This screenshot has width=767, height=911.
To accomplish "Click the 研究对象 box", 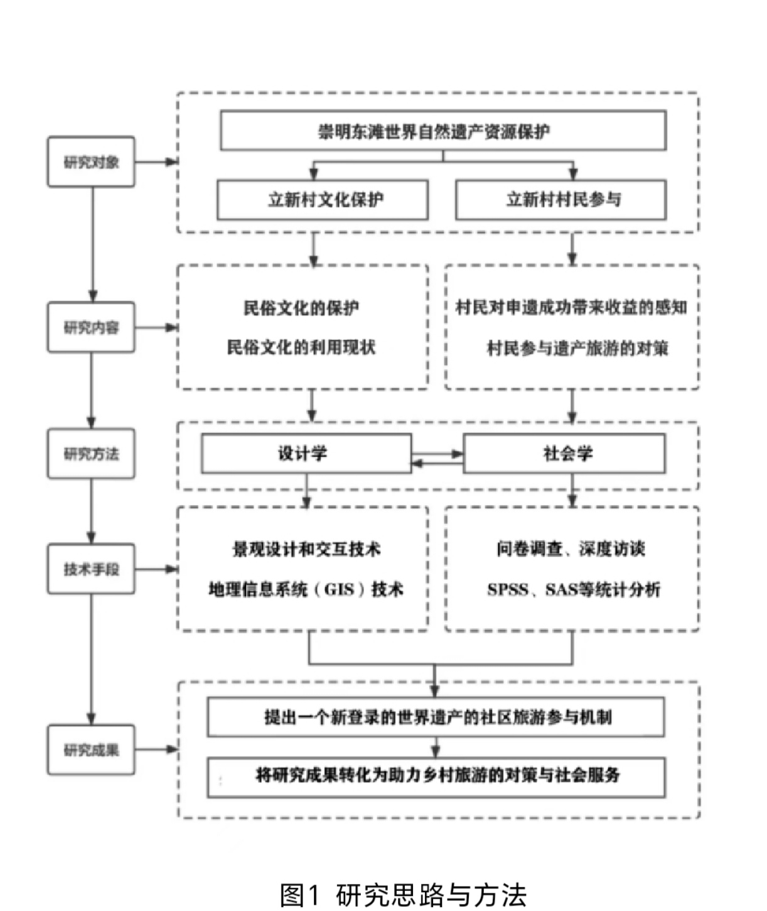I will [x=91, y=162].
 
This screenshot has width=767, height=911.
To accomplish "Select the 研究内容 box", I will [x=91, y=327].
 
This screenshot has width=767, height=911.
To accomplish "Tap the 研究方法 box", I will [x=91, y=454].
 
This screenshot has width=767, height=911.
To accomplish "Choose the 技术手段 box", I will [x=91, y=569].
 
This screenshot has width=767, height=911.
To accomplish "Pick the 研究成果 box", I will [x=91, y=750].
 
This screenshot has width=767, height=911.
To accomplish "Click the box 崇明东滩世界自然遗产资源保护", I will [x=442, y=131].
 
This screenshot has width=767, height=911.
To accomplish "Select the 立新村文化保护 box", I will [x=323, y=200].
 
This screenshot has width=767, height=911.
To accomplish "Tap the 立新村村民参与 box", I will [x=560, y=200].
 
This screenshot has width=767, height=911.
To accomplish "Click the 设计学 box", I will [x=306, y=454].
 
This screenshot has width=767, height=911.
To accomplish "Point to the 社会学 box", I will [x=564, y=454].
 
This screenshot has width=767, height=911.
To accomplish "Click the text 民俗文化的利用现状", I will [x=301, y=347].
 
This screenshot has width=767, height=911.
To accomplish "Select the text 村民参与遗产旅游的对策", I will [x=577, y=349].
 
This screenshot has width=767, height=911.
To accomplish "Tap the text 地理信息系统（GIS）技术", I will [x=306, y=589].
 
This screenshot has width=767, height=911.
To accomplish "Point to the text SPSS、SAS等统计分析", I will [x=574, y=590].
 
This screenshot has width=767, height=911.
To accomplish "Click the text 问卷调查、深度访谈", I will [x=571, y=549].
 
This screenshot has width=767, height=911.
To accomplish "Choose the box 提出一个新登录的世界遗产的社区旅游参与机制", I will [x=436, y=717].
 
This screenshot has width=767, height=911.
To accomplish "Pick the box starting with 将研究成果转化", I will [x=436, y=776].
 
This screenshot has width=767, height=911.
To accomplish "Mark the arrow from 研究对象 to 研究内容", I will [x=92, y=245].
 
